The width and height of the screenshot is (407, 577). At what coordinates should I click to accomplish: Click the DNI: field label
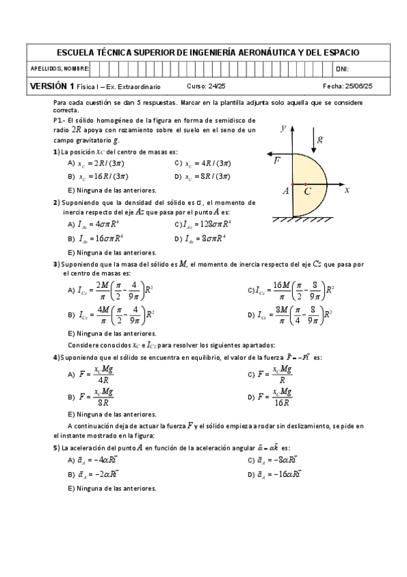coord(342,69)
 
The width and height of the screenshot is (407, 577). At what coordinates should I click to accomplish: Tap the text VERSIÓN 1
coord(52,86)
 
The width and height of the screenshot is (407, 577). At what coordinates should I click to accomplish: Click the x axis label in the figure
coord(347,190)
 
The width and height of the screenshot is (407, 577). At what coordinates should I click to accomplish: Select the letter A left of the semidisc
coord(286,192)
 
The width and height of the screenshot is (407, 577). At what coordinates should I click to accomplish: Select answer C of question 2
coord(204,224)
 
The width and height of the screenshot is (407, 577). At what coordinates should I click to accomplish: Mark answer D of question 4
coord(271,395)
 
